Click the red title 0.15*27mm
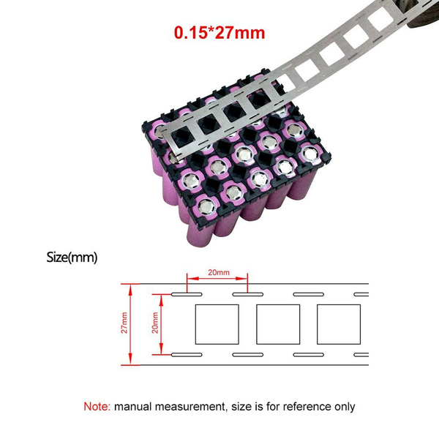219,33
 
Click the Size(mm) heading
72,258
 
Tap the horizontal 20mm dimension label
219,272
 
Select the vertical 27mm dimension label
124,323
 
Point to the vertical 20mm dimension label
155,323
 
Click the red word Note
97,406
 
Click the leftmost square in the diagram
217,324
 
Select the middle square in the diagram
278,324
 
